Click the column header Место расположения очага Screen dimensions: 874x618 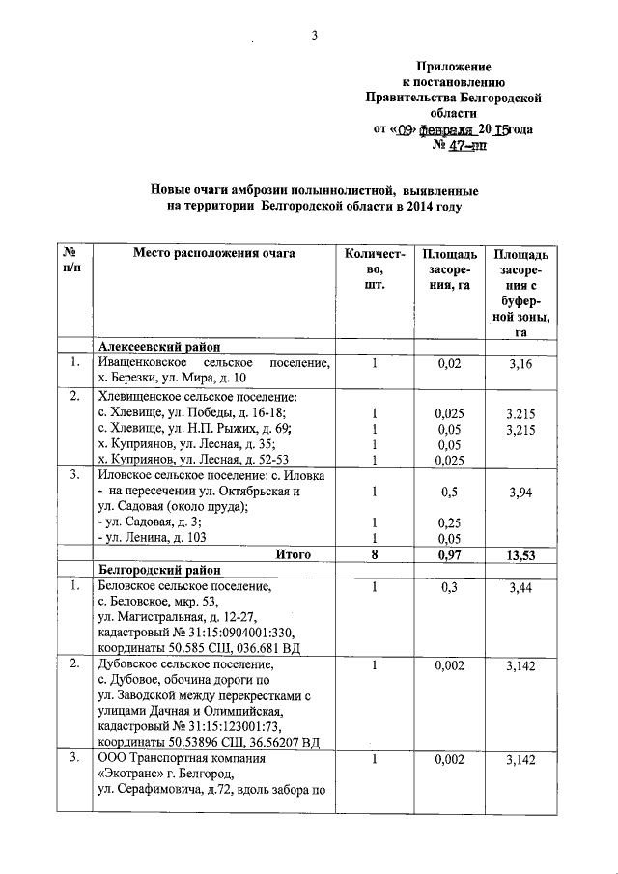214,254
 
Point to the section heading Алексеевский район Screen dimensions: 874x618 159,347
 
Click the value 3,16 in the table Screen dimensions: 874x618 520,362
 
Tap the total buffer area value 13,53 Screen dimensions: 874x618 520,554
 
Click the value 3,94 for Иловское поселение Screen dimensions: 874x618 520,492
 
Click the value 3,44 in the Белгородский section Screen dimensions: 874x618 520,586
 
